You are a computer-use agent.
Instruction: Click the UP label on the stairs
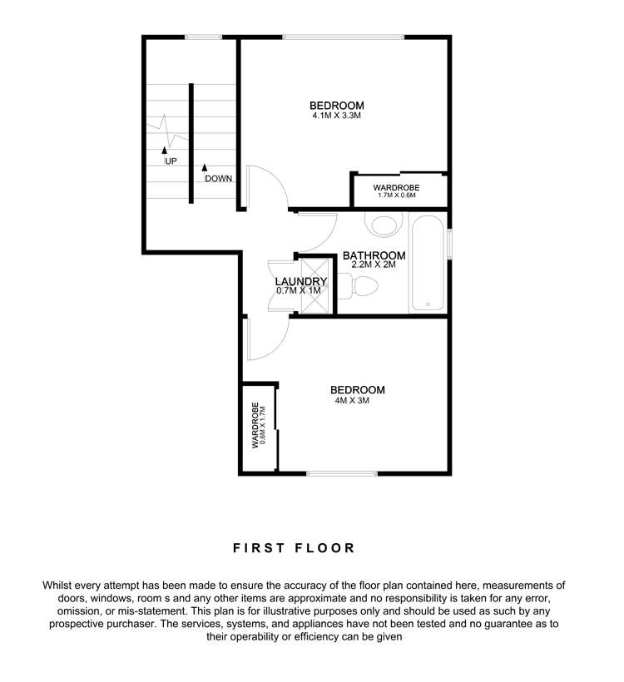point(171,161)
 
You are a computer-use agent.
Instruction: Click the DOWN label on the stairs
point(218,179)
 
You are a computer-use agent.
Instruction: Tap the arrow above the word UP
point(164,151)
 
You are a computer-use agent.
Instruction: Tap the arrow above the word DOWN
point(205,168)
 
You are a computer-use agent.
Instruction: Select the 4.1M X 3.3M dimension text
point(336,116)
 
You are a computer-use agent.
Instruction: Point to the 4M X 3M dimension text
point(349,401)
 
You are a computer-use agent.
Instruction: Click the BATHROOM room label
point(374,255)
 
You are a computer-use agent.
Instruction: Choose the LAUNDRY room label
point(301,281)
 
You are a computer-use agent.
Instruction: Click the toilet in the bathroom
point(363,287)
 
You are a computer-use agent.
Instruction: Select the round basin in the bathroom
point(384,225)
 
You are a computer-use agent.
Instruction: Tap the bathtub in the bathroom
point(428,263)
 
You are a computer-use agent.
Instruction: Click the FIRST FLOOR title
point(294,548)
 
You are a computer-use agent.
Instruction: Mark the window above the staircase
point(203,36)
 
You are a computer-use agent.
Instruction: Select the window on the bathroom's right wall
point(449,244)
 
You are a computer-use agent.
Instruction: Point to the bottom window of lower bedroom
point(341,474)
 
